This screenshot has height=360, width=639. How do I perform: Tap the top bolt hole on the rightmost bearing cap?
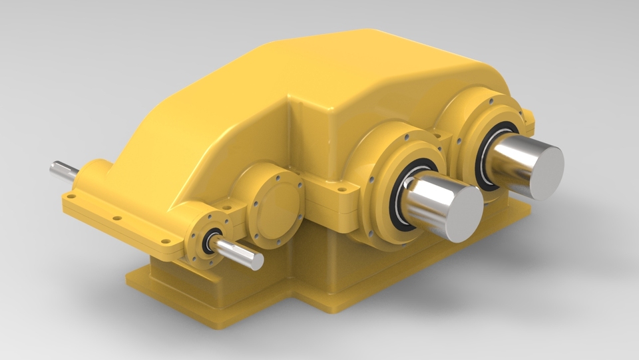(491, 102)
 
